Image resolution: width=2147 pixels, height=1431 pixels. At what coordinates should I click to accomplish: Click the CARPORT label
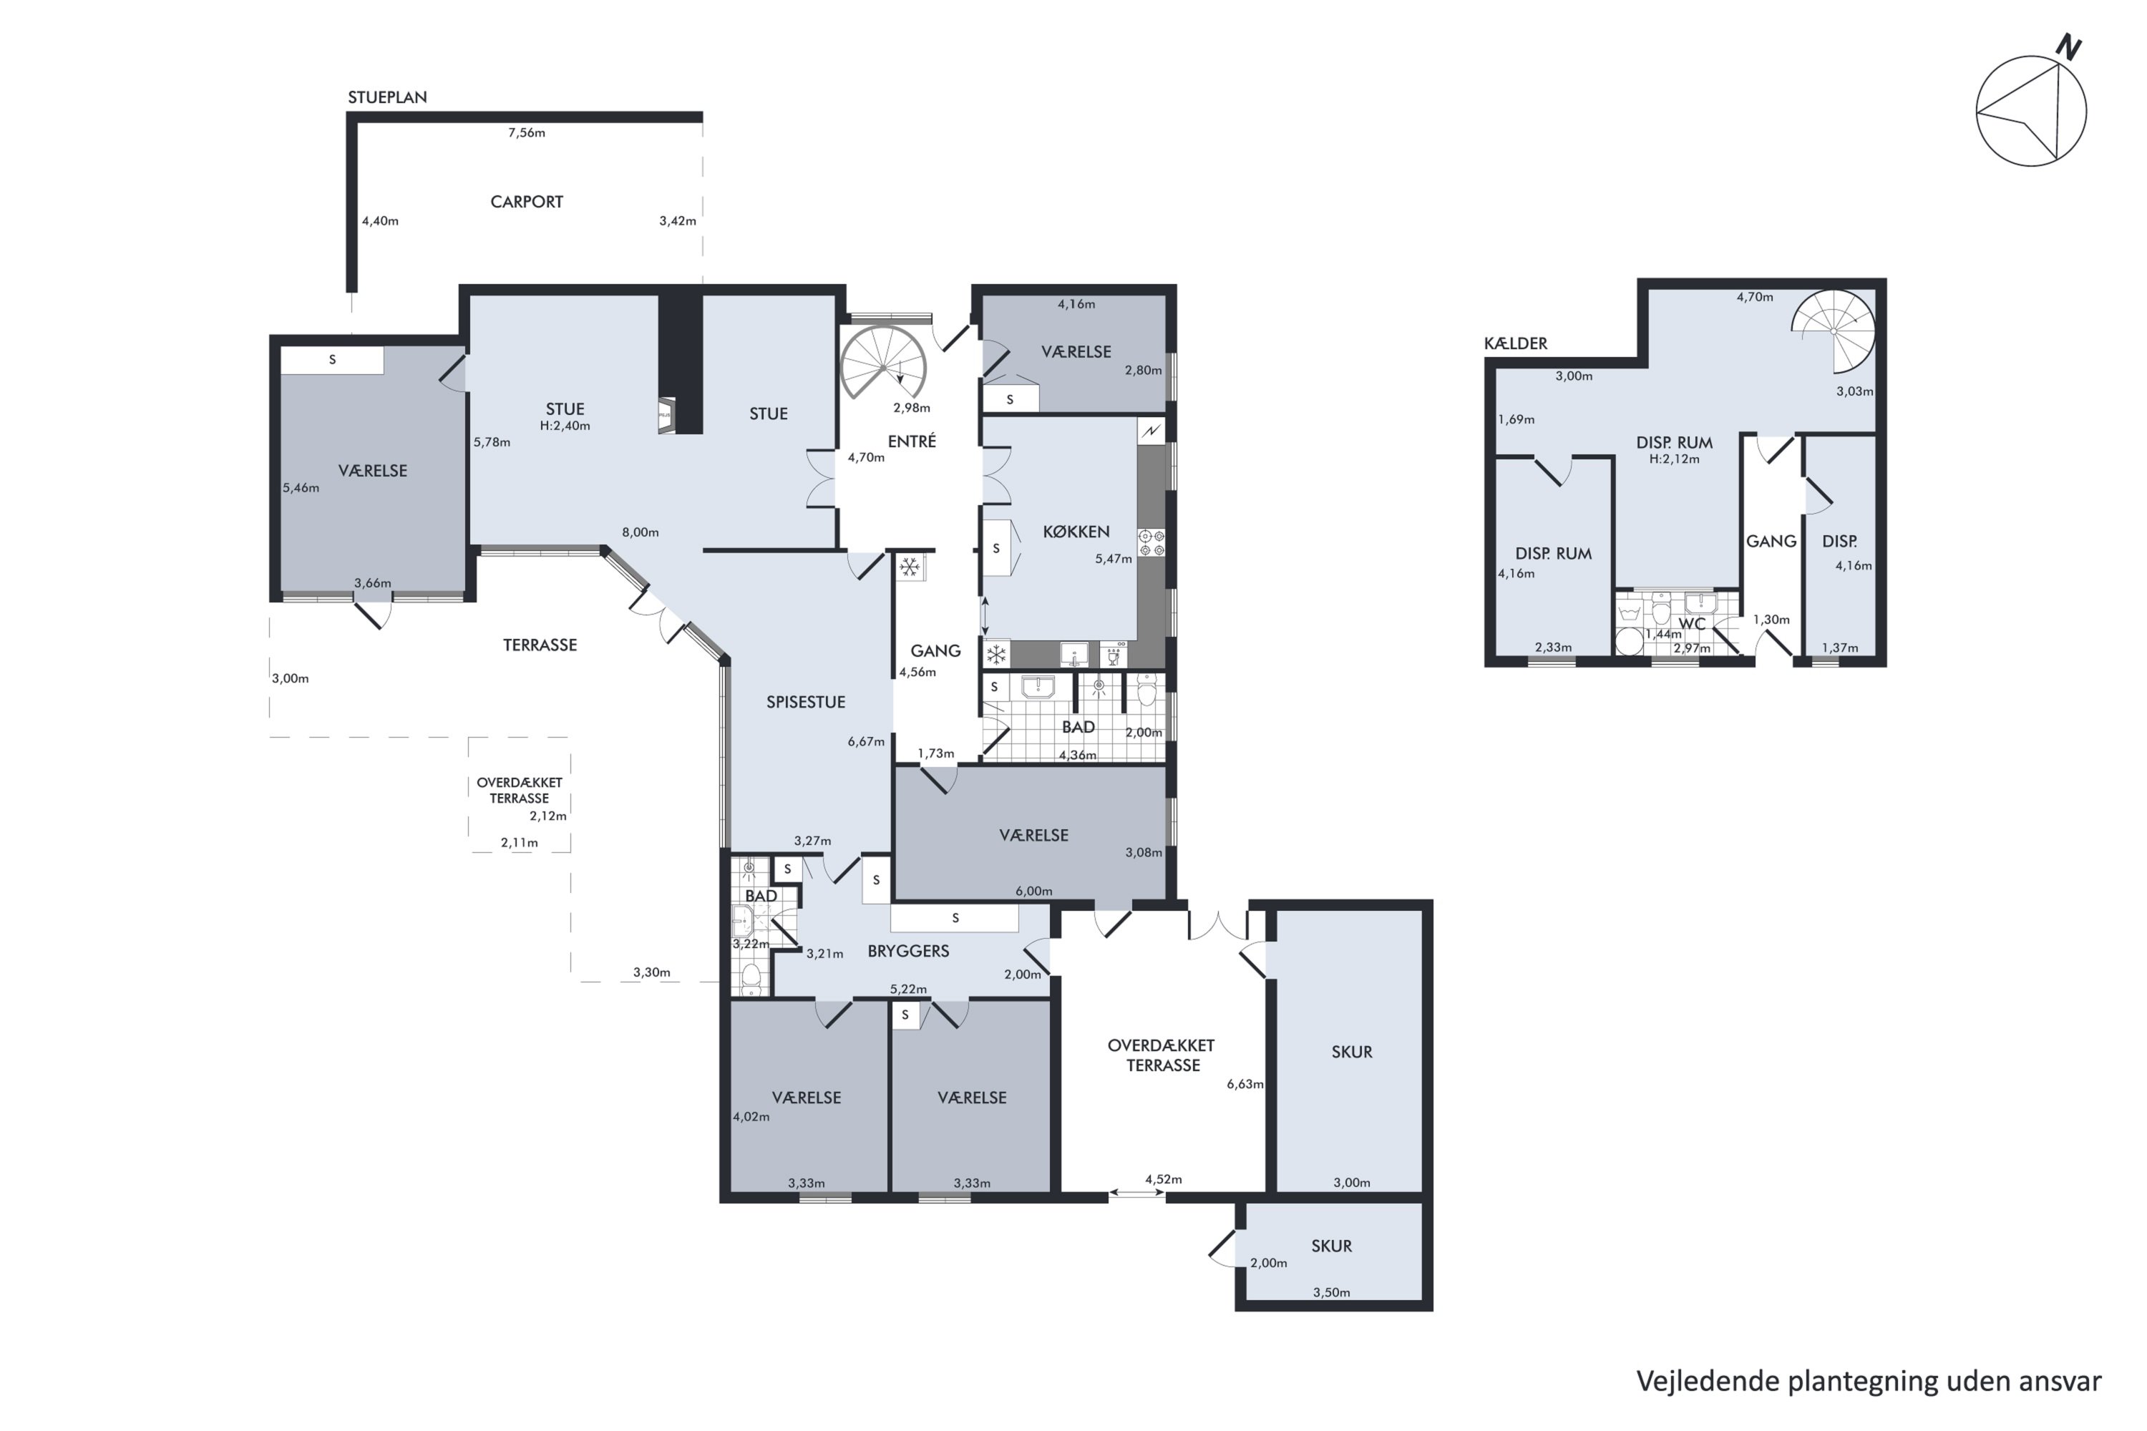coord(527,202)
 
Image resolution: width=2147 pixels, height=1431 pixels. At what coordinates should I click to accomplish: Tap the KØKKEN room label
coord(1076,531)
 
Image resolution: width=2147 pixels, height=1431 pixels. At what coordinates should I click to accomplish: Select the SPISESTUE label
coord(805,702)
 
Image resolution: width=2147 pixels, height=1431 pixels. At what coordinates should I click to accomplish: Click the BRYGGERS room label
coord(908,951)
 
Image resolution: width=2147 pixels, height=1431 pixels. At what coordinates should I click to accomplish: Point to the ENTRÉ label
coord(912,441)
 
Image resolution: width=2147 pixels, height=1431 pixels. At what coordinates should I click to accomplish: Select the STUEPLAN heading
coord(387,97)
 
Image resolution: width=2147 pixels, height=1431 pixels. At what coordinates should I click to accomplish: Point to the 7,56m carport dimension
coord(527,132)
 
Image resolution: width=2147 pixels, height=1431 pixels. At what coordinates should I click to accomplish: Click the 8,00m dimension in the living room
coord(640,532)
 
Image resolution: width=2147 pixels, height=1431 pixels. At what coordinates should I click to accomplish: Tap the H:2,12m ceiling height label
coord(1674,459)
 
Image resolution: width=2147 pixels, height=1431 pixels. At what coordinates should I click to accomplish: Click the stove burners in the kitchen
coord(1151,543)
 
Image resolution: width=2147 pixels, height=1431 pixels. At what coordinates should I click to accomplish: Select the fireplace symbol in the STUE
coord(666,415)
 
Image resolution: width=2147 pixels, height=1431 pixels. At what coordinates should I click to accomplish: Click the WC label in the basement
coord(1692,624)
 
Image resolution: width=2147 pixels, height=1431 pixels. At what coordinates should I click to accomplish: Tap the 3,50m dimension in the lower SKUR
coord(1331,1292)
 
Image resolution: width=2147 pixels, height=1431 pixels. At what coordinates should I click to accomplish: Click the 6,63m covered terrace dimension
coord(1245,1084)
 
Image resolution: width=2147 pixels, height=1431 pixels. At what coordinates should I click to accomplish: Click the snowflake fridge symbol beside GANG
coord(909,567)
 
